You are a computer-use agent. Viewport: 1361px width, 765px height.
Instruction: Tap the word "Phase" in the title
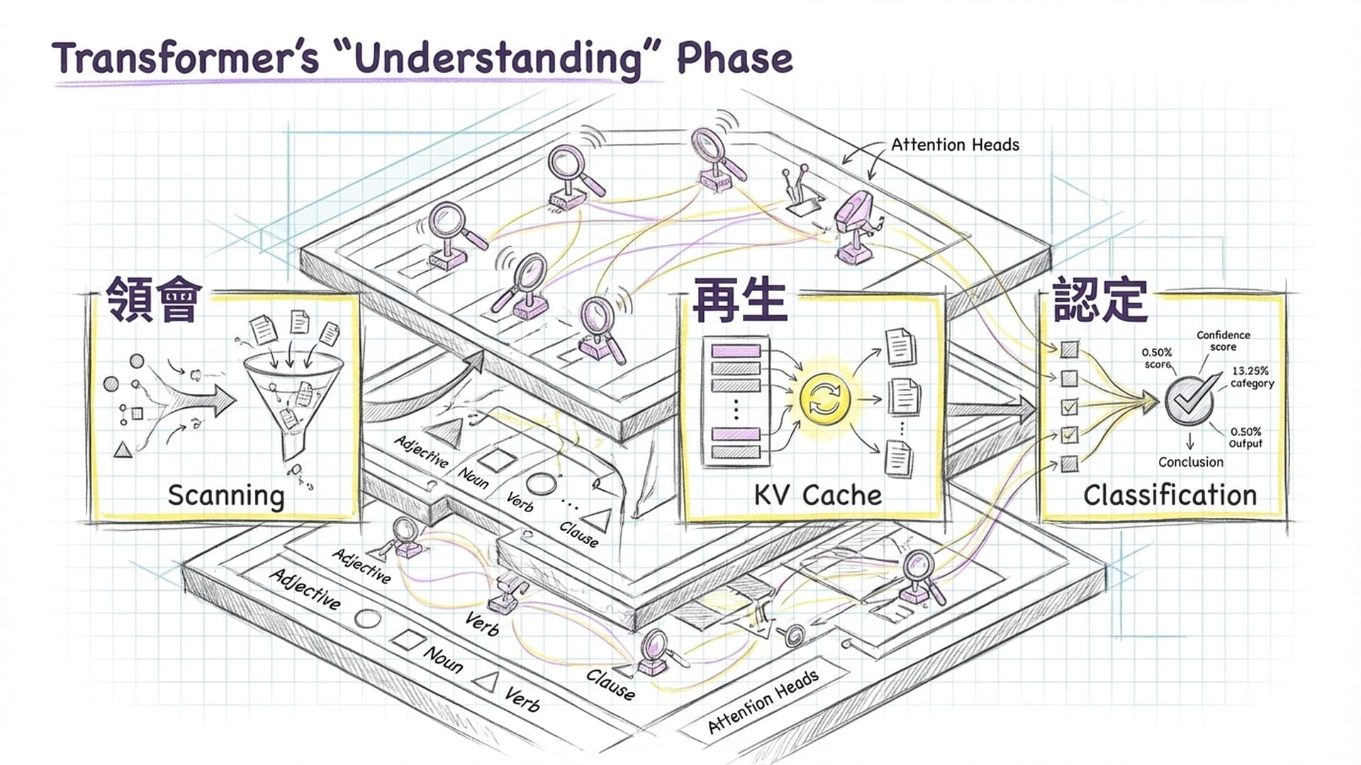(734, 58)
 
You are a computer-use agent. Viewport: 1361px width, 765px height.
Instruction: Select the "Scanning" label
(225, 495)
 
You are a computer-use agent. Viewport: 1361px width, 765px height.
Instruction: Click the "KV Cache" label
(817, 495)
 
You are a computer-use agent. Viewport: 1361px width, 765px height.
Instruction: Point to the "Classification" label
(1170, 495)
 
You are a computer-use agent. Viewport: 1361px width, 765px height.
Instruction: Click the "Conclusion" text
(1191, 462)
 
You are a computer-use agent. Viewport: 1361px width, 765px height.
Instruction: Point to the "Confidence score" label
(1223, 341)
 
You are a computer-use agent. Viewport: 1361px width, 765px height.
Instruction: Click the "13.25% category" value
(1252, 377)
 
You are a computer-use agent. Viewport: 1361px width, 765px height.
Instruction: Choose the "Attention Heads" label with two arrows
(955, 145)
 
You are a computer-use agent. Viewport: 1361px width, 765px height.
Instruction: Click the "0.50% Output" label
(1245, 437)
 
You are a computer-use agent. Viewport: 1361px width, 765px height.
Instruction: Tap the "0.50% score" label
(1157, 358)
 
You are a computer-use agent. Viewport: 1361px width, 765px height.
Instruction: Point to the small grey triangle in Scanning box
(123, 448)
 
